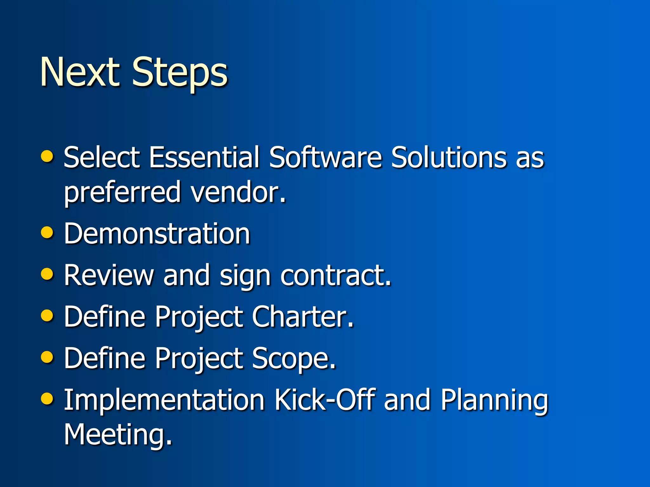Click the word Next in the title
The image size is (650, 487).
[x=79, y=72]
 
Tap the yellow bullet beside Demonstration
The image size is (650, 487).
[x=47, y=232]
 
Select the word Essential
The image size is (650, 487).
[x=204, y=157]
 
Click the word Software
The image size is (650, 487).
[x=325, y=157]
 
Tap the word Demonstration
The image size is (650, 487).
[x=157, y=234]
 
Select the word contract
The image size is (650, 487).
[x=336, y=275]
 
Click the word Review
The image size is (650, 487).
[x=109, y=275]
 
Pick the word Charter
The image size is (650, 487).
[x=302, y=316]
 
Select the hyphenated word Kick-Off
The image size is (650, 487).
[x=325, y=399]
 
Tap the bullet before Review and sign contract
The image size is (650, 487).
[x=47, y=274]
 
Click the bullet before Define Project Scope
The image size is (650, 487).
[x=47, y=357]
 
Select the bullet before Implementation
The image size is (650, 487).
[x=47, y=399]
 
